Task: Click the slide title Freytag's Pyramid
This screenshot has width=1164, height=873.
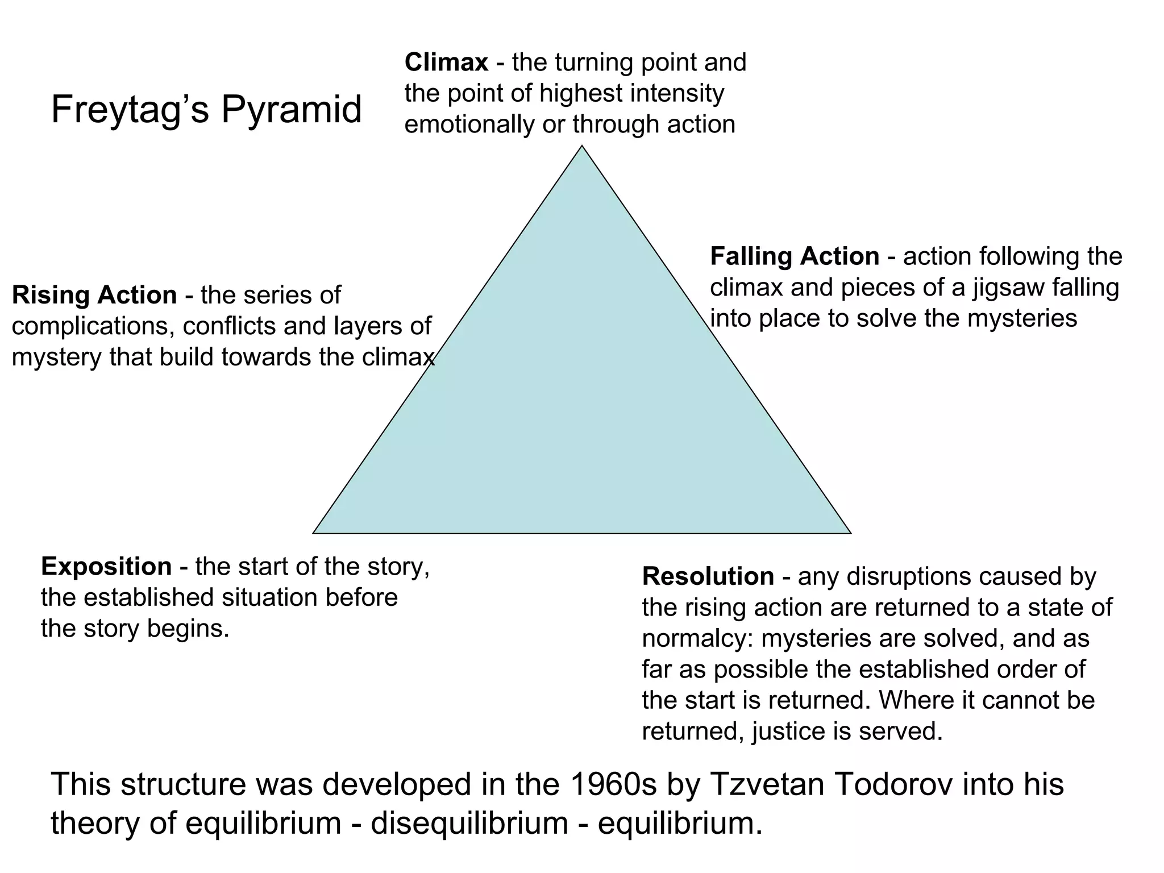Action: pos(206,109)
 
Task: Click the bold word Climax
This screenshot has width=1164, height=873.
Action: pos(446,63)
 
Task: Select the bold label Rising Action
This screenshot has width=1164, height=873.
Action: pos(94,295)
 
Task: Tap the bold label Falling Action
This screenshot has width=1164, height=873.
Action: pos(795,256)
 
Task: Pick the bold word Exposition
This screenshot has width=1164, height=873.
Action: pos(106,567)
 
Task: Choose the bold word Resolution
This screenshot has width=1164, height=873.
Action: pos(708,576)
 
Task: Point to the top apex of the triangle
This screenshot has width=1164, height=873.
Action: pos(581,147)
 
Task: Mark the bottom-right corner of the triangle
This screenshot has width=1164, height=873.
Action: pos(850,533)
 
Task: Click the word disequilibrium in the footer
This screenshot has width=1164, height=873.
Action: pos(469,823)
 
